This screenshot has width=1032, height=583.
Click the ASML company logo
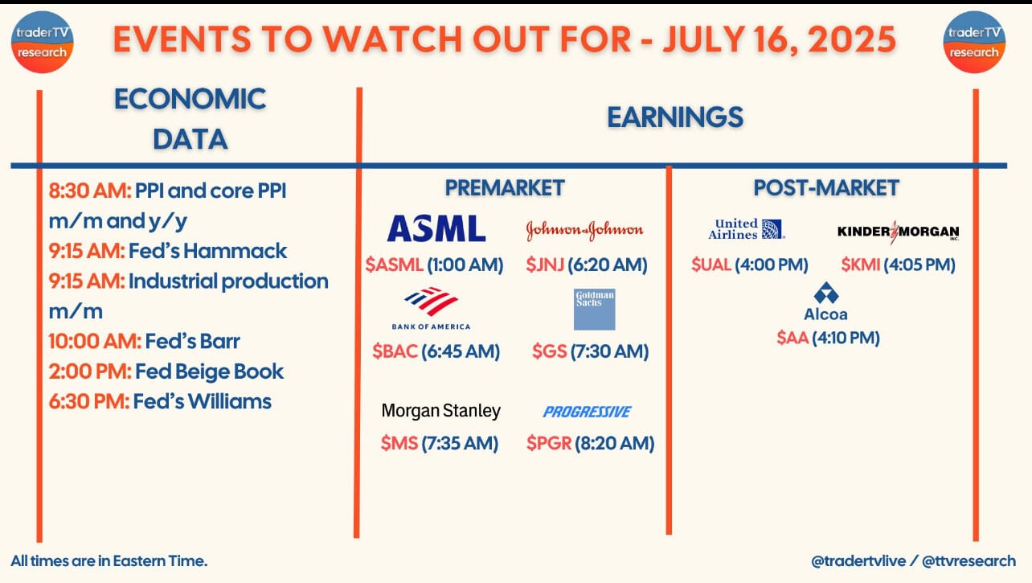tap(436, 228)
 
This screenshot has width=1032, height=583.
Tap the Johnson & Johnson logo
tap(584, 230)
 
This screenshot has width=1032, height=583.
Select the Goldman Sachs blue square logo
tap(594, 310)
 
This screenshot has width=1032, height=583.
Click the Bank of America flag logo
tap(432, 302)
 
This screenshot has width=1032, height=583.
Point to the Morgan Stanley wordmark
tap(441, 411)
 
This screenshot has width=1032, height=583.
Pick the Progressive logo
tap(587, 412)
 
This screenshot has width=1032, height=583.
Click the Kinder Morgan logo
tap(898, 232)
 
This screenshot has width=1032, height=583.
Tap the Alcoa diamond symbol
tap(826, 293)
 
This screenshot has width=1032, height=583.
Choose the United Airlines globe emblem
tap(772, 229)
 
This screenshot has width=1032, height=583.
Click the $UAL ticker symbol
tap(711, 265)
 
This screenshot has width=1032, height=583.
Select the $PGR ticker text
tap(549, 443)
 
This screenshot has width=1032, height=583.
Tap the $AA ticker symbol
tap(792, 338)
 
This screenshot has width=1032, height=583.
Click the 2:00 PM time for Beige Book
tap(90, 372)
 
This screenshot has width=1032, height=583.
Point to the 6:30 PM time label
tap(89, 401)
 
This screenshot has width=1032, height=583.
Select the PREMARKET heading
tap(505, 188)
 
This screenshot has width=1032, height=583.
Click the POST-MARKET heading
tap(826, 188)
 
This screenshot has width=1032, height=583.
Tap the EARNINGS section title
tap(675, 117)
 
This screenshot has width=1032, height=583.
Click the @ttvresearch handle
tap(969, 561)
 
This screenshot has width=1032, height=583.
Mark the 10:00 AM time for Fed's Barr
tap(96, 342)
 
